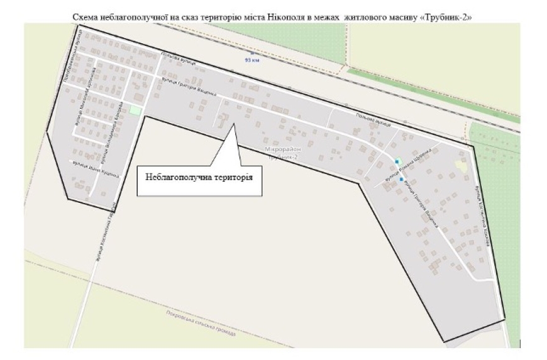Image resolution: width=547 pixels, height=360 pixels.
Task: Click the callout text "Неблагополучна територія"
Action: tap(199, 177)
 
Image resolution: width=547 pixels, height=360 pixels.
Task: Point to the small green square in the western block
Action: tap(135, 110)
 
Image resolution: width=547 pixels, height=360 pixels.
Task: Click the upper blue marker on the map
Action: tap(397, 161)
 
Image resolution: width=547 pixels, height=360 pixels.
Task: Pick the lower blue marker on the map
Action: tap(401, 179)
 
